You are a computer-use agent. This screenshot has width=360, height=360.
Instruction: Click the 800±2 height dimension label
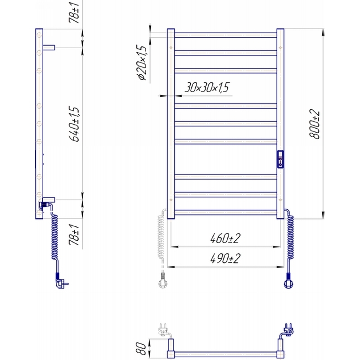(x=315, y=124)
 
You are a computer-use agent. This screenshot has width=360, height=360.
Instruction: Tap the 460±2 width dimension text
(x=225, y=238)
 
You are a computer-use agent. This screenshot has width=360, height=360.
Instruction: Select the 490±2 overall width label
(x=225, y=258)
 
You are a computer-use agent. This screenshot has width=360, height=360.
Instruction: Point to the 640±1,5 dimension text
(x=74, y=124)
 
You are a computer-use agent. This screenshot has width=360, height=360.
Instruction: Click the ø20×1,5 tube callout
(x=142, y=63)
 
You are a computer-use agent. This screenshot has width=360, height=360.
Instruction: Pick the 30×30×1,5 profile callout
(x=207, y=87)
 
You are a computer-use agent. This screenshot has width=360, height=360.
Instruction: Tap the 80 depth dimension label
(x=141, y=348)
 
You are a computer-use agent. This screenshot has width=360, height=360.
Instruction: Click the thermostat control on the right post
(x=280, y=159)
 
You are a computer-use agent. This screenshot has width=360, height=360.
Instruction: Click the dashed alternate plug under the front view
(x=163, y=280)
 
